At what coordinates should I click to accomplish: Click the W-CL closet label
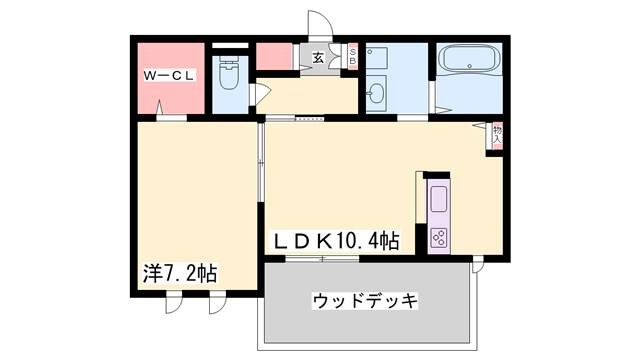[x=169, y=76]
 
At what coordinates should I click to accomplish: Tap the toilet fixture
[x=230, y=72]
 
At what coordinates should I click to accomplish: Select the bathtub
[x=469, y=59]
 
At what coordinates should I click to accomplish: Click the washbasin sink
[x=376, y=94]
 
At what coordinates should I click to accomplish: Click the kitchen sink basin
[x=439, y=200]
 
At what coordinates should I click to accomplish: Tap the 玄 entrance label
[x=318, y=58]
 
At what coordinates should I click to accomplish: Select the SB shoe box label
[x=353, y=56]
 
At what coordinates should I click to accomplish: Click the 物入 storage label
[x=497, y=135]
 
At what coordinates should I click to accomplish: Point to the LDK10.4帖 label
[x=336, y=240]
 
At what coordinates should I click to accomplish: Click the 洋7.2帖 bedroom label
[x=180, y=273]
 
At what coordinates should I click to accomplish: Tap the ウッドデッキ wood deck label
[x=365, y=301]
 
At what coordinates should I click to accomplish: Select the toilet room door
[x=259, y=94]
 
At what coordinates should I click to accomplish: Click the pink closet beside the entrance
[x=274, y=56]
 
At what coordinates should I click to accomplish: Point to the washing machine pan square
[x=376, y=58]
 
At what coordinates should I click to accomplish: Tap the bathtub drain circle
[x=470, y=66]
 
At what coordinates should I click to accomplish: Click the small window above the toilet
[x=230, y=46]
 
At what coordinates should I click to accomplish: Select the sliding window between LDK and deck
[x=322, y=259]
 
